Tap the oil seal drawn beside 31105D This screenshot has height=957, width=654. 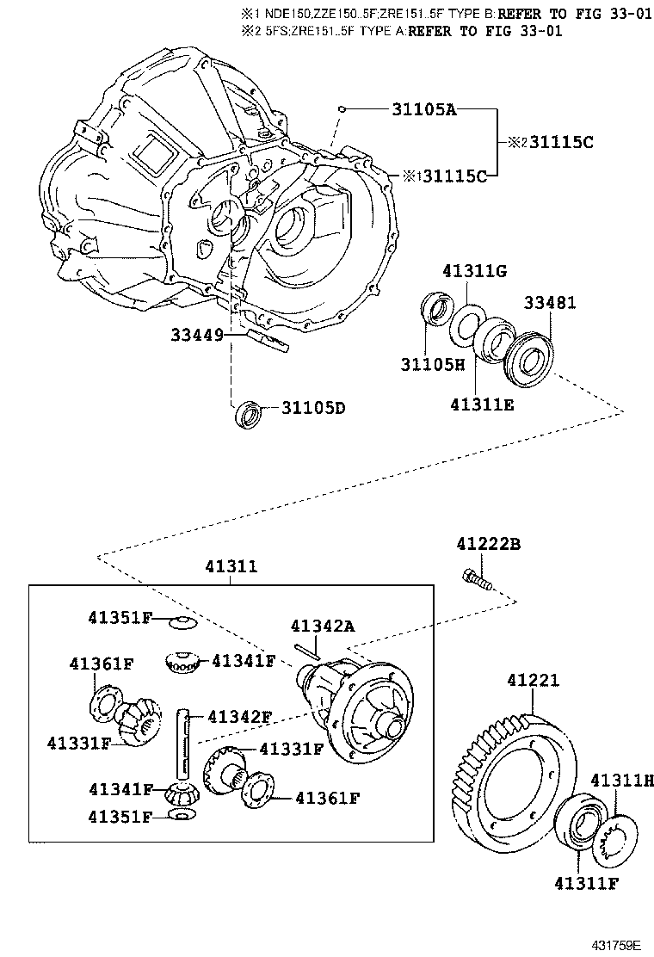[249, 414]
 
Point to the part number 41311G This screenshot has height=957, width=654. [474, 271]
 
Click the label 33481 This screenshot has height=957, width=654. [551, 303]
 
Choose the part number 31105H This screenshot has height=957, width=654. [432, 364]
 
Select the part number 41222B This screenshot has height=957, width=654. [488, 544]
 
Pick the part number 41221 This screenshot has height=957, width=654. [533, 681]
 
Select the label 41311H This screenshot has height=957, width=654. [621, 780]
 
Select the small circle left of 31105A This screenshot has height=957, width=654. [342, 109]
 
